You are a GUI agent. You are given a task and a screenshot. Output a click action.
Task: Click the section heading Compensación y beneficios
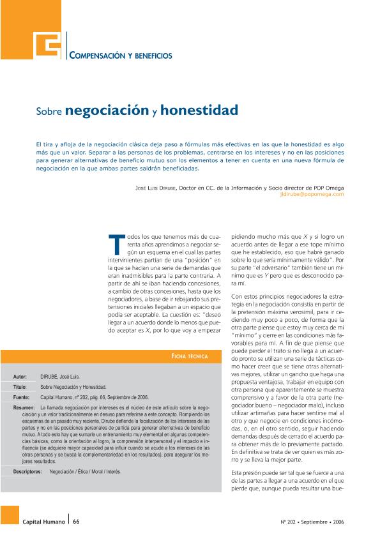tap(121, 56)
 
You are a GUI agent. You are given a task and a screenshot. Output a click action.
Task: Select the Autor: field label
tap(20, 377)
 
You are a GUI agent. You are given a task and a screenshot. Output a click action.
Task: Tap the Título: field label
tap(20, 387)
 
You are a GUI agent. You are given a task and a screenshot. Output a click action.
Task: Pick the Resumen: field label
tap(24, 407)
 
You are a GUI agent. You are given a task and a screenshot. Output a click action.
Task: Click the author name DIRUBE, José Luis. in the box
tap(60, 377)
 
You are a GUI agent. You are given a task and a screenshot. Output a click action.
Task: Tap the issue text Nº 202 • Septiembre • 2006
tap(312, 521)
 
